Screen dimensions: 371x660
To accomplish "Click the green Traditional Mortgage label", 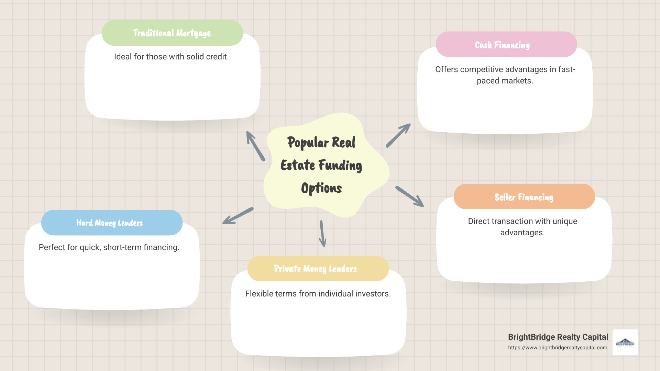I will pos(172,33).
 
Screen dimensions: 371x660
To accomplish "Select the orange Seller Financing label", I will pos(524,197).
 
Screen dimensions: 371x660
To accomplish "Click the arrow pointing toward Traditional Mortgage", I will pos(255,146).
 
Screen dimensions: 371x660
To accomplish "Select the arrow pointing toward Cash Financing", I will pos(398,136).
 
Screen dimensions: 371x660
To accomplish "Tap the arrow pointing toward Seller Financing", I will pos(409,196).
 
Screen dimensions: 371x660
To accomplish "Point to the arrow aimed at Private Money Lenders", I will pos(322,234).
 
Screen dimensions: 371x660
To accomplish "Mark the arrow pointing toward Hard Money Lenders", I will pos(238,216).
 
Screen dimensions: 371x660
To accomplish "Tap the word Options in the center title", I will pos(321,188).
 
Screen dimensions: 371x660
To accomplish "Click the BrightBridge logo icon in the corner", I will pos(625,342).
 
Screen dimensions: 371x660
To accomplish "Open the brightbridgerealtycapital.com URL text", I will pos(558,348).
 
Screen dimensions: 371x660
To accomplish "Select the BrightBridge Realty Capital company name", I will pos(558,337).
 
